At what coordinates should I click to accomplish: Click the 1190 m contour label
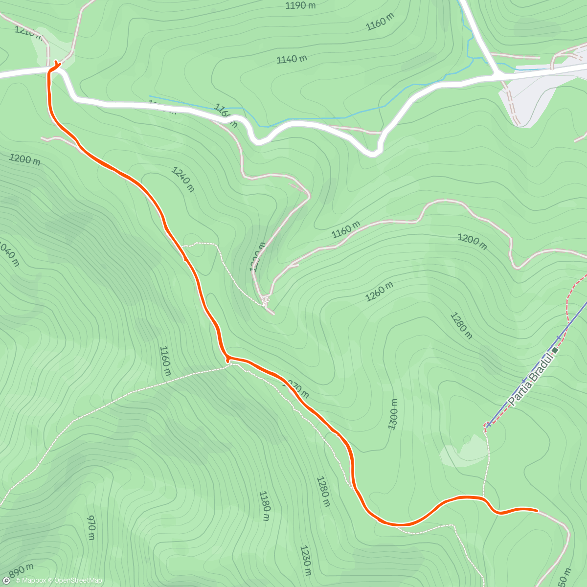click(301, 5)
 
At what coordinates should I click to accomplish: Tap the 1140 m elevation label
click(292, 59)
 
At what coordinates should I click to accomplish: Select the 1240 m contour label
click(183, 179)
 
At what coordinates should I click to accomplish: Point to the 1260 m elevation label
click(379, 292)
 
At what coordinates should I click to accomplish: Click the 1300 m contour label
click(393, 414)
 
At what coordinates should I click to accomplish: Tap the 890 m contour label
click(21, 570)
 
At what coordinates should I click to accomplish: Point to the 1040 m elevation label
click(10, 252)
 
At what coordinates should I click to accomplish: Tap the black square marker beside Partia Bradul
click(555, 350)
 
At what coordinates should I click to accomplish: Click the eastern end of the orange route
click(537, 510)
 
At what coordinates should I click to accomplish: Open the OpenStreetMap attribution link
click(78, 581)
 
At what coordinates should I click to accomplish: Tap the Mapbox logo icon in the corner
click(6, 581)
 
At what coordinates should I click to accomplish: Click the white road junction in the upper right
click(497, 75)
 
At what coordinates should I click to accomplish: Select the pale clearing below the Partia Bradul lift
click(462, 455)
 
